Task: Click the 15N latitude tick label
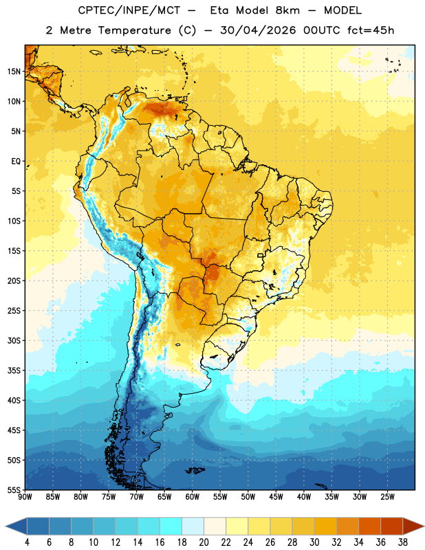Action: pyautogui.click(x=14, y=71)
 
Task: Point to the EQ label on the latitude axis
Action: pyautogui.click(x=16, y=162)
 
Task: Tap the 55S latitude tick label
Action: pyautogui.click(x=14, y=489)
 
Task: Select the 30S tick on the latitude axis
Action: pyautogui.click(x=14, y=340)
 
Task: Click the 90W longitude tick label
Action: pyautogui.click(x=25, y=497)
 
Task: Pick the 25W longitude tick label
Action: pyautogui.click(x=387, y=497)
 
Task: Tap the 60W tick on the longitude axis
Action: pyautogui.click(x=193, y=497)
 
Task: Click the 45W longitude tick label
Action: pyautogui.click(x=276, y=497)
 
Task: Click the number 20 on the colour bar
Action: pyautogui.click(x=204, y=542)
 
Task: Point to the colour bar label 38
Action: pyautogui.click(x=402, y=542)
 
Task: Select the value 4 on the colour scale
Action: pyautogui.click(x=27, y=542)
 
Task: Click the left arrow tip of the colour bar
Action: pyautogui.click(x=6, y=526)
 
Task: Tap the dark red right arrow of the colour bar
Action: pyautogui.click(x=413, y=526)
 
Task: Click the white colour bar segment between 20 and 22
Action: pyautogui.click(x=215, y=526)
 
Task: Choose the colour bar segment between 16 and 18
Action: pyautogui.click(x=171, y=526)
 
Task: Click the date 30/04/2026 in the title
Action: pyautogui.click(x=258, y=30)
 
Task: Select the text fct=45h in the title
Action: pyautogui.click(x=371, y=30)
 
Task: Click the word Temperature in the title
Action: pyautogui.click(x=134, y=30)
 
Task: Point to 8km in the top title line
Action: pyautogui.click(x=287, y=10)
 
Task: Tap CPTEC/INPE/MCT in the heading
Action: pyautogui.click(x=129, y=10)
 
